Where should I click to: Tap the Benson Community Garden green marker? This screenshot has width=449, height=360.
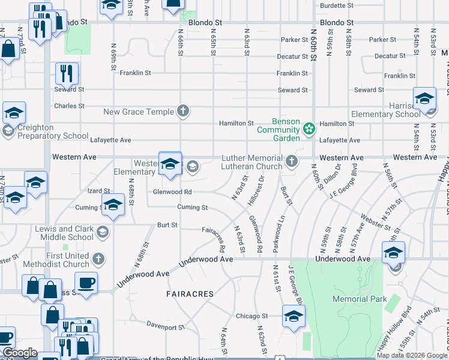[x=309, y=128]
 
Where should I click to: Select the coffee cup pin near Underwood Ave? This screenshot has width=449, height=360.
[x=86, y=283]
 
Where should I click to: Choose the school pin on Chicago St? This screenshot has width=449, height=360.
[x=293, y=316]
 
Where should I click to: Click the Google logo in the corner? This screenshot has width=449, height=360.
[x=20, y=353]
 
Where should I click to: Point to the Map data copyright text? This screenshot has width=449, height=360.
[x=412, y=355]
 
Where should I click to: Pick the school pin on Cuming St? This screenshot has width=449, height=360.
[x=113, y=205]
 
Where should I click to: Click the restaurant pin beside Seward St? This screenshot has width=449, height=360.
[x=67, y=74]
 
